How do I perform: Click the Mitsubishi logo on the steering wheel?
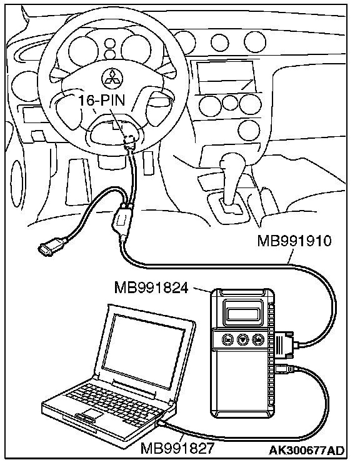pyautogui.click(x=110, y=78)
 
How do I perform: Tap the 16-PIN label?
pyautogui.click(x=102, y=101)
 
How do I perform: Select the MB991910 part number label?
pyautogui.click(x=294, y=241)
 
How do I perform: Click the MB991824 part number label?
pyautogui.click(x=151, y=287)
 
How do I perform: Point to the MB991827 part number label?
pyautogui.click(x=177, y=448)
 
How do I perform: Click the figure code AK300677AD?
pyautogui.click(x=306, y=450)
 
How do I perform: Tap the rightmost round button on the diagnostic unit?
pyautogui.click(x=257, y=339)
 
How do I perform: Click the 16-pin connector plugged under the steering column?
pyautogui.click(x=129, y=142)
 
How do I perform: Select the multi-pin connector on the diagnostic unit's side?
pyautogui.click(x=284, y=344)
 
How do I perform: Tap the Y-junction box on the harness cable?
pyautogui.click(x=122, y=220)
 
